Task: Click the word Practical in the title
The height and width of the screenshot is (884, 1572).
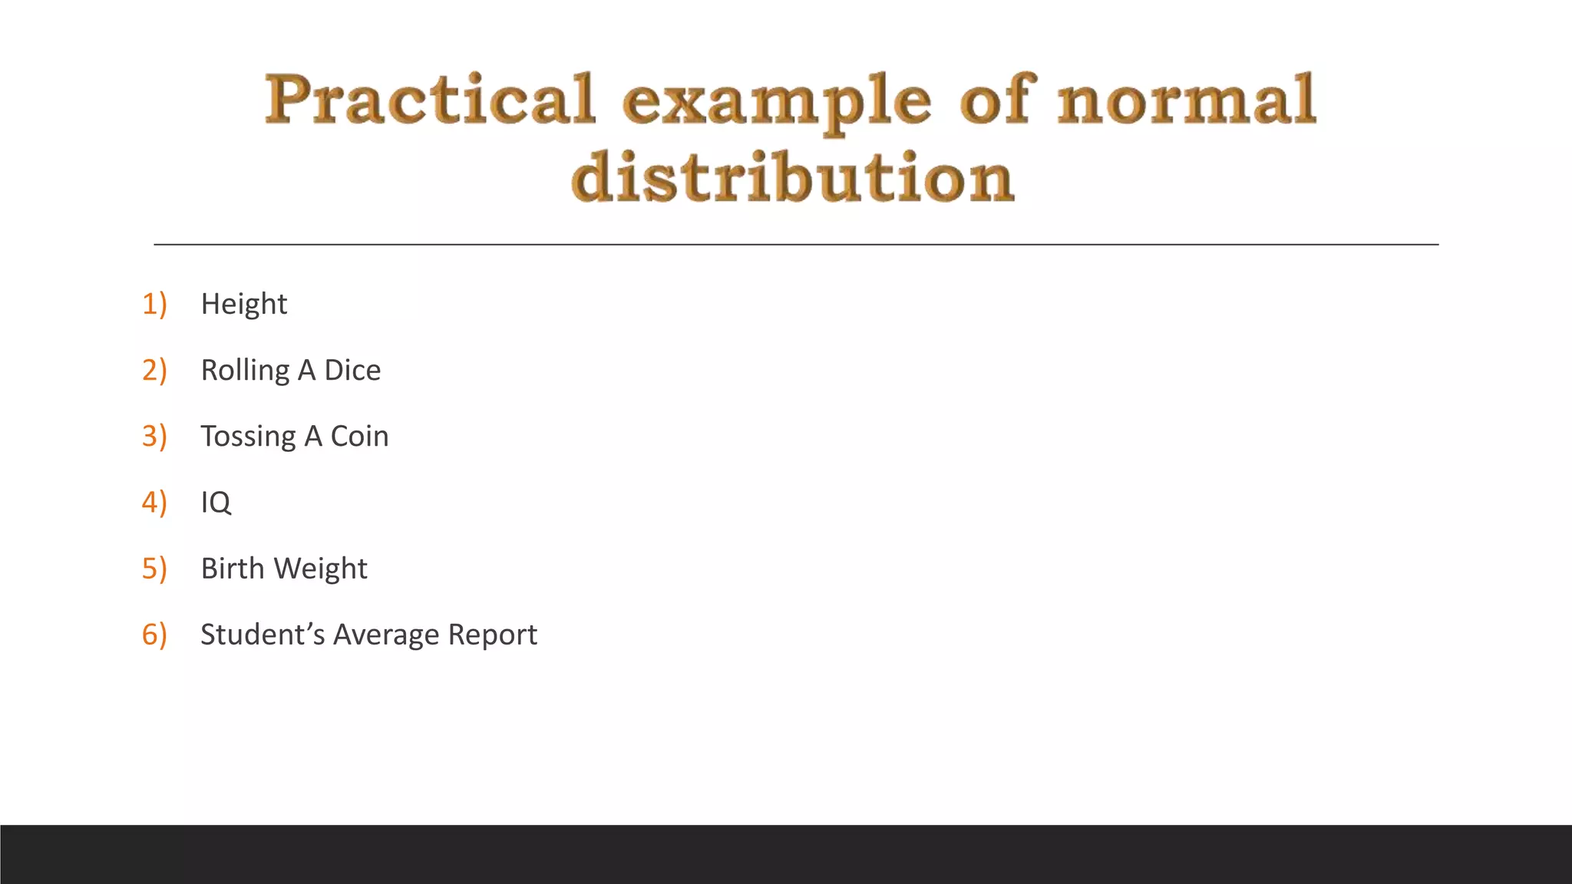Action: pos(430,100)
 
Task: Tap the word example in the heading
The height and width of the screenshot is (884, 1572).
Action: pos(777,103)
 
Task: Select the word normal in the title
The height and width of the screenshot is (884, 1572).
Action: pos(1187,100)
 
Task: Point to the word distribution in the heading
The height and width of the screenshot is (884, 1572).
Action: pos(793,177)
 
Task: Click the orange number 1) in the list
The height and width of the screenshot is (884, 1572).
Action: pos(154,304)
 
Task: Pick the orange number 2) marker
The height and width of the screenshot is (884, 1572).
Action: pos(154,370)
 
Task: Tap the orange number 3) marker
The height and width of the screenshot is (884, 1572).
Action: pos(154,436)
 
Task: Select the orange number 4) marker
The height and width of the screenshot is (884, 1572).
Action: pos(154,502)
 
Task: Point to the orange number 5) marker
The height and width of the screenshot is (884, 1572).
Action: pos(154,569)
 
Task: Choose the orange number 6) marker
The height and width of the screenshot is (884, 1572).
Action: pos(154,635)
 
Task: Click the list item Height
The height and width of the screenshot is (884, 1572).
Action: pos(243,304)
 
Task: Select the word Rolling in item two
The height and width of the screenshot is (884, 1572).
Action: pos(245,371)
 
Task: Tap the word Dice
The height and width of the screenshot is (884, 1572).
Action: pos(352,370)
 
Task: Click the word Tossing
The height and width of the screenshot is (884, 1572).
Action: pos(248,437)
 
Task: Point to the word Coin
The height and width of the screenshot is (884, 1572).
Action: pos(359,436)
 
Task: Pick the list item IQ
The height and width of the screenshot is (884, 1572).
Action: pos(216,503)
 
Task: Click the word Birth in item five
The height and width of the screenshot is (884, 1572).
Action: pos(232,569)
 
